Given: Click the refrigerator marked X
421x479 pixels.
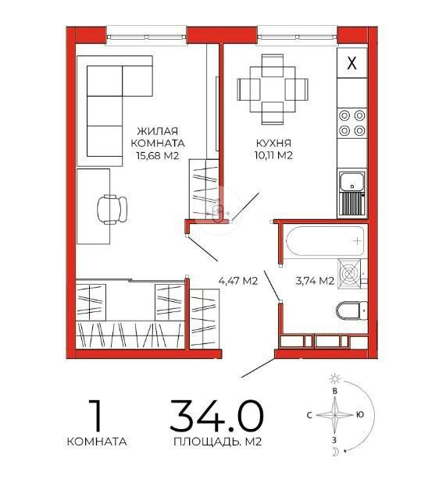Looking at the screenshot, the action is click(x=351, y=62).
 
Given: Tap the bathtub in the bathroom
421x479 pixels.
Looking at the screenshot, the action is click(x=326, y=241).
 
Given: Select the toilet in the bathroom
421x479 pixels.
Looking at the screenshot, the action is click(x=351, y=311).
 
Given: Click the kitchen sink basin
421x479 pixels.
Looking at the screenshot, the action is click(x=351, y=182).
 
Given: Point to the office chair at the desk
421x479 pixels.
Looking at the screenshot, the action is click(x=112, y=209).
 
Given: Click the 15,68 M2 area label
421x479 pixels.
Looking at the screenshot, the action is click(x=158, y=155).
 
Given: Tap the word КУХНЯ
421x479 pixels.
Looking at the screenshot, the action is click(x=273, y=144).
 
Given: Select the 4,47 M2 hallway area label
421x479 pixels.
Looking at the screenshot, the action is click(x=238, y=280).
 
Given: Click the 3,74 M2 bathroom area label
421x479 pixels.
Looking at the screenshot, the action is click(x=315, y=280).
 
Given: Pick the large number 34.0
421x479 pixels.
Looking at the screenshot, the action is click(x=216, y=416).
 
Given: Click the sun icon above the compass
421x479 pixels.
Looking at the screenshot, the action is click(x=335, y=379).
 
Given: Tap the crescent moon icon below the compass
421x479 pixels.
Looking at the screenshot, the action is click(x=336, y=452).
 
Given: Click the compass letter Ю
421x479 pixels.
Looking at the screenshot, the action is click(x=360, y=414).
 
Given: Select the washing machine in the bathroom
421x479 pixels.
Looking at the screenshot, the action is click(x=349, y=273).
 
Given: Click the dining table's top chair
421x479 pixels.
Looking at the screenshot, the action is click(x=273, y=66).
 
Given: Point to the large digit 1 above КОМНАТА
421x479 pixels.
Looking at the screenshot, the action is click(x=96, y=415).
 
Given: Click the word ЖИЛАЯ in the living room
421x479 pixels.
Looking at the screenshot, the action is click(x=158, y=131).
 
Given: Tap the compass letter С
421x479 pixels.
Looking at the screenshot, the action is click(x=309, y=415).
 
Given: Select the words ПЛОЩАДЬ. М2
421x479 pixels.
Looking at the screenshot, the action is click(x=218, y=442).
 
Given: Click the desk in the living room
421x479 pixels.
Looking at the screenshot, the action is click(x=93, y=206).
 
